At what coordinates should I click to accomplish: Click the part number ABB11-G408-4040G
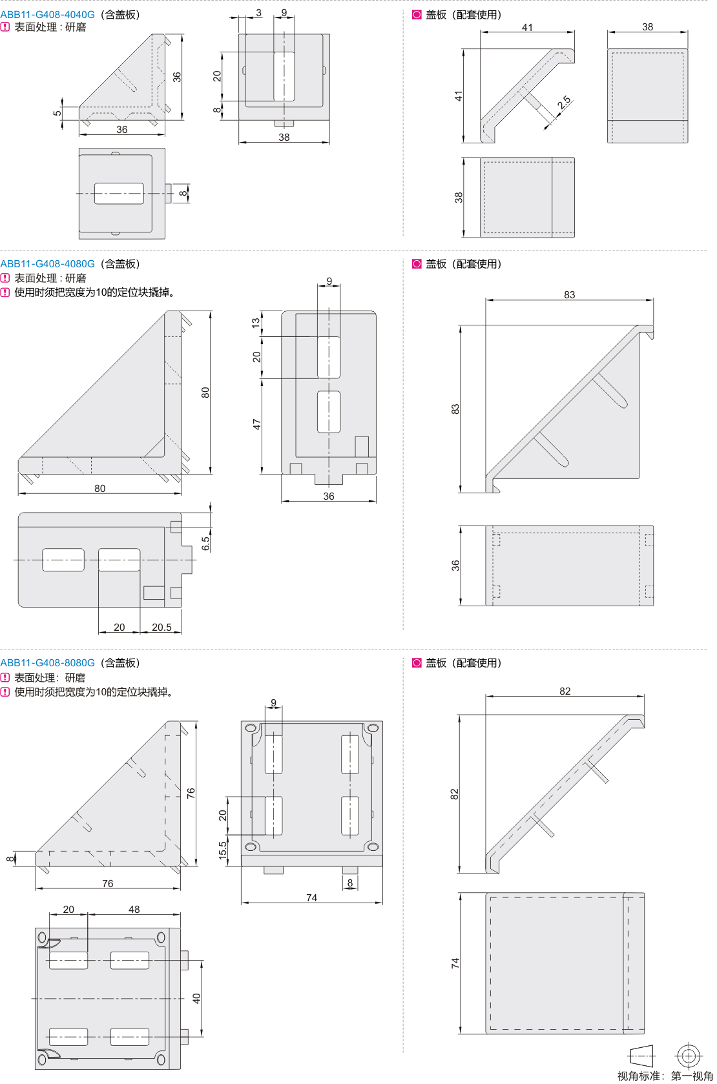point(47,14)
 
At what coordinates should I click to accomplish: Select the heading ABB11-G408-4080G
point(47,263)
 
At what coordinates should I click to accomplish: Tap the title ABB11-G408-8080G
point(47,662)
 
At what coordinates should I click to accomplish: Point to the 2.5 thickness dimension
point(564,102)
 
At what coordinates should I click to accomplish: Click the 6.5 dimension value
point(205,544)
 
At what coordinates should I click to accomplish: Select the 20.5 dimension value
point(161,627)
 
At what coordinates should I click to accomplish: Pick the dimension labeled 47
point(256,425)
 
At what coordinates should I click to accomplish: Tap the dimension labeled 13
point(256,322)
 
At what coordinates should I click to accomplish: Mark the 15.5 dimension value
point(222,850)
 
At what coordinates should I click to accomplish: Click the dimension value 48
point(134,909)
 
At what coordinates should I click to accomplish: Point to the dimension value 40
point(196,998)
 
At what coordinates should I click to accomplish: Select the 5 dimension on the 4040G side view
point(57,113)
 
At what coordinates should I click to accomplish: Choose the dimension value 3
point(259,13)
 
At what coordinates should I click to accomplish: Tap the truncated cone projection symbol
point(641,1056)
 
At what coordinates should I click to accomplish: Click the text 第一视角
point(692,1076)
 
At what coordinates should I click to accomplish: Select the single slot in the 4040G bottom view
point(119,194)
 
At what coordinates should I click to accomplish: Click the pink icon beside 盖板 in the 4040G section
point(417,14)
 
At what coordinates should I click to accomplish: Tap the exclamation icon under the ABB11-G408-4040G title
point(5,27)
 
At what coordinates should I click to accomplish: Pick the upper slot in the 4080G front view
point(329,356)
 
